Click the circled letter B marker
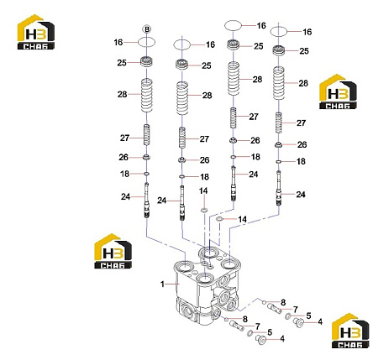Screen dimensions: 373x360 147,29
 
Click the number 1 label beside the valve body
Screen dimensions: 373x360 162,284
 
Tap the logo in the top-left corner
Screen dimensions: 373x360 36,32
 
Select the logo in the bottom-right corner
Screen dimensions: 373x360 350,331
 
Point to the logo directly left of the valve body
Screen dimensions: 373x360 113,251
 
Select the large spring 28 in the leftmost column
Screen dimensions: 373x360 147,95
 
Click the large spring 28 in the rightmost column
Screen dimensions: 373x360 279,83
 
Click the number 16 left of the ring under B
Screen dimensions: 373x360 118,42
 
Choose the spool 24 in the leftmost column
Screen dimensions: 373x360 147,200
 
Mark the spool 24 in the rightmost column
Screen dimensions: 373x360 279,188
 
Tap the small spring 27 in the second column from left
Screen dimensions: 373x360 182,138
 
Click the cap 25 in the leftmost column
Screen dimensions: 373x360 147,61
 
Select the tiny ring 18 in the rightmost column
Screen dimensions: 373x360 279,162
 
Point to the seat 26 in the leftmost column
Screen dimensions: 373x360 147,157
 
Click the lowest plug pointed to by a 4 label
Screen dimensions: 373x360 261,339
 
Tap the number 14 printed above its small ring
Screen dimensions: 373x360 203,191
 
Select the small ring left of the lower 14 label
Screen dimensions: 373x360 219,219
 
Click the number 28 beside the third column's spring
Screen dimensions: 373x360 257,80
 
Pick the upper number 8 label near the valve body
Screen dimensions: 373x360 283,302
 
